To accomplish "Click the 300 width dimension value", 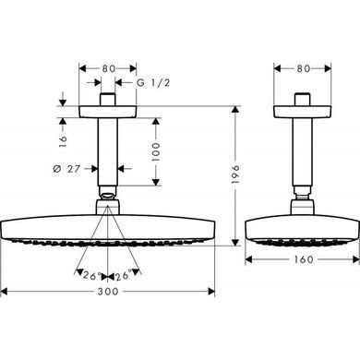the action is coord(108,291).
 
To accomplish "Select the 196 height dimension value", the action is coord(235,174).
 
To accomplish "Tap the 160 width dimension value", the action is coord(304,259).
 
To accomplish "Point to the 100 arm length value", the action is coord(156,151).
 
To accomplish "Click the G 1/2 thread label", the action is coord(153,82).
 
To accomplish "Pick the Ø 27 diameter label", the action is coord(66,169).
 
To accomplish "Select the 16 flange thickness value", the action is coord(63,141).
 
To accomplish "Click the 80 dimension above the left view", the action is coord(109,68).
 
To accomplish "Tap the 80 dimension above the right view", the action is coord(304,68).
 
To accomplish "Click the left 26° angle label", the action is coord(90,275).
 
